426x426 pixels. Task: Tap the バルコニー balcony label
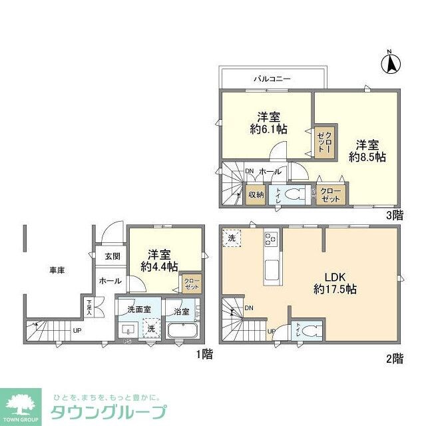271,79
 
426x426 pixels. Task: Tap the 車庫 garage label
57,270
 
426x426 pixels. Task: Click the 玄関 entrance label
112,256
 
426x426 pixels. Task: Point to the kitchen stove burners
271,239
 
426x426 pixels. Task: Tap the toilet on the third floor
290,194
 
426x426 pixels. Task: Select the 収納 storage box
256,194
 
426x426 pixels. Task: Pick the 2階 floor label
393,359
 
